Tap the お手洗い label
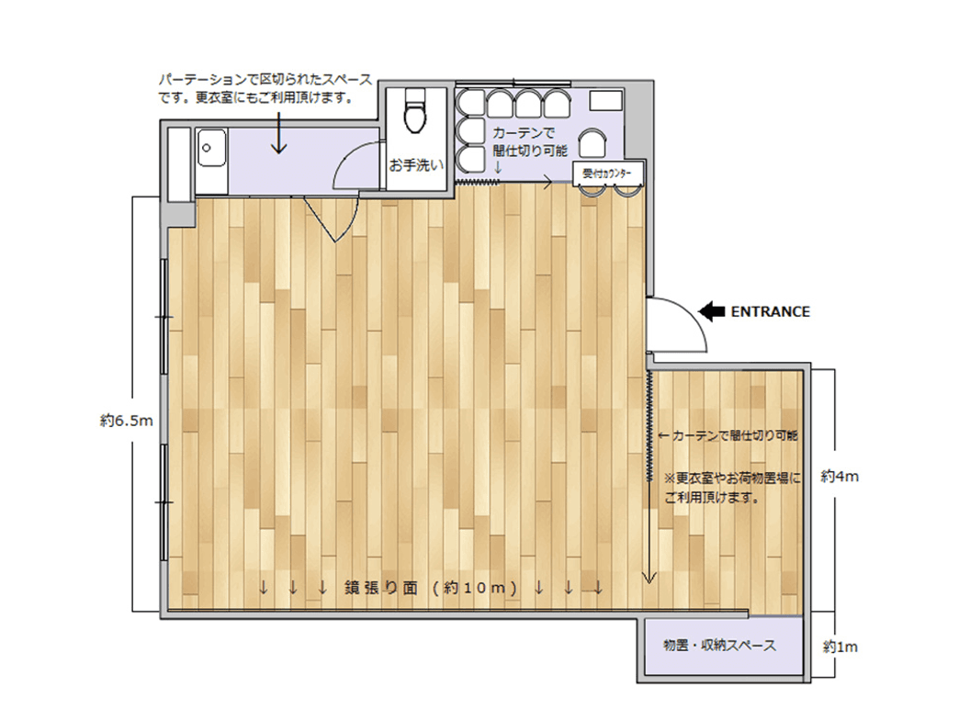416,166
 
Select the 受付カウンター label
608,173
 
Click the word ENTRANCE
770,311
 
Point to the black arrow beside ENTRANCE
711,311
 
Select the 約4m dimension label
840,478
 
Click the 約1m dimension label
840,647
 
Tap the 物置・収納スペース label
719,646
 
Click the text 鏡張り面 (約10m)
432,587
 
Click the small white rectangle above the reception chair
606,100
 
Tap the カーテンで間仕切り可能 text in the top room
530,141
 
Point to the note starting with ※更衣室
732,489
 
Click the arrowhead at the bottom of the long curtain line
649,578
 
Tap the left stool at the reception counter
592,191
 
